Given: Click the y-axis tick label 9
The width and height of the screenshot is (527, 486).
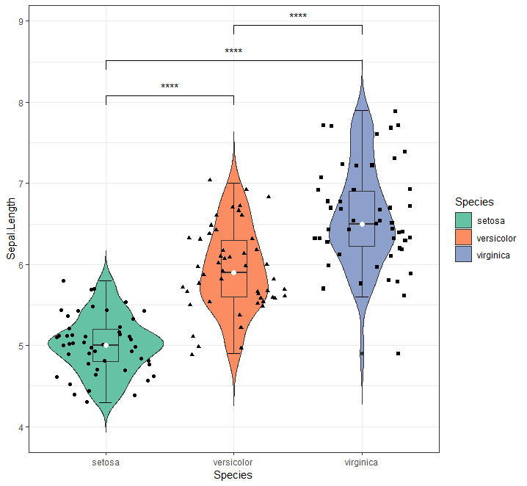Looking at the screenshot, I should pos(21,21).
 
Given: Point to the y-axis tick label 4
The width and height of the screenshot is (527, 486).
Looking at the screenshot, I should pos(21,427).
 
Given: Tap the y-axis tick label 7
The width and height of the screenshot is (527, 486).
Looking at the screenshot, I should pos(21,184).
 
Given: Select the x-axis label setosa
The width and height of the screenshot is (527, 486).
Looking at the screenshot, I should pos(106,463).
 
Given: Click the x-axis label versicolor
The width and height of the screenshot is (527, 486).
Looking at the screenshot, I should pos(233,463).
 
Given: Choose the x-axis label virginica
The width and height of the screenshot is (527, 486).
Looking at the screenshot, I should pos(362,463).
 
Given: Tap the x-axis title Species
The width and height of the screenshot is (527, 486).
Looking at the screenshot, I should pos(233,476).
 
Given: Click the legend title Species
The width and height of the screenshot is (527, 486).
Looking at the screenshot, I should pos(474,201).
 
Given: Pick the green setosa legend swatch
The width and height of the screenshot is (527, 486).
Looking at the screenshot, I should pos(463,220).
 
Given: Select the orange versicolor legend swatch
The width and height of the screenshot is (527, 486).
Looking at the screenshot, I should pos(463,237).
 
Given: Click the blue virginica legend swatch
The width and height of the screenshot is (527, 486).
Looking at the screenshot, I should pos(463,255).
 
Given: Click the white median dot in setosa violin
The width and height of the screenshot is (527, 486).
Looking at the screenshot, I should pos(106,345).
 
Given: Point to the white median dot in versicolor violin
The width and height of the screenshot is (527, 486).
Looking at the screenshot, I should pos(233,272).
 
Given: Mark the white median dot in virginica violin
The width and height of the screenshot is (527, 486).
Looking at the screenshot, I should pos(362,224).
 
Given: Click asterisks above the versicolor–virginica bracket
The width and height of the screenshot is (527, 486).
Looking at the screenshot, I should pos(298,16).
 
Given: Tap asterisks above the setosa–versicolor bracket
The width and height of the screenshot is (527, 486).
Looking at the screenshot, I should pos(170,87).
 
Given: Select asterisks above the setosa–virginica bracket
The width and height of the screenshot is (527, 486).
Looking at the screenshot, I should pos(233,51).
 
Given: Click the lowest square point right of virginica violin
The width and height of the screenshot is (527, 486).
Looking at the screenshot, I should pos(398,353).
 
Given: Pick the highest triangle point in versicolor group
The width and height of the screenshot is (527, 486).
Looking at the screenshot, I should pos(210,179).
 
